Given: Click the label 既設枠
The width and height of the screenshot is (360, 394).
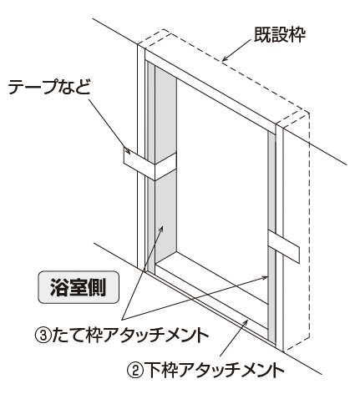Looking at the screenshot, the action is coord(279,35).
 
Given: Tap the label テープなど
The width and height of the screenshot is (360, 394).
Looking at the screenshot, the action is coord(49,87).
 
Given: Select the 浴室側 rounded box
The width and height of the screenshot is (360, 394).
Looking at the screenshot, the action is coord(79,287).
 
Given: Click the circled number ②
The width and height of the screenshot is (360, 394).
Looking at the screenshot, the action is coord(135,370).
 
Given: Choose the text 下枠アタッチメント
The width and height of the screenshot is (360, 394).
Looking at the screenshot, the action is coord(215,370).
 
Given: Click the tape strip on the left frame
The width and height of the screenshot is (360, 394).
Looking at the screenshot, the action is coord(150,165).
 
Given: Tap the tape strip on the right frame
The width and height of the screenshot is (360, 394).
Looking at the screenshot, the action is coord(284,246).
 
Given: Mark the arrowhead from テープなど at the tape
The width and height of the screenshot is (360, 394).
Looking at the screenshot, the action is coord(127,150).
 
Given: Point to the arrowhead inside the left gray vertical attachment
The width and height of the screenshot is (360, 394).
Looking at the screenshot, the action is coord(160,229).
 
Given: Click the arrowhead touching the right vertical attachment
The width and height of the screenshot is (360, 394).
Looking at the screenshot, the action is coord(265,277).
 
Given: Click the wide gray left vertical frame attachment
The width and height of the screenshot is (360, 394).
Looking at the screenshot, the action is coord(166,164).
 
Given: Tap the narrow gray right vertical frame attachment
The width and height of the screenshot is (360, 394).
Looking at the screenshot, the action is coord(271,236).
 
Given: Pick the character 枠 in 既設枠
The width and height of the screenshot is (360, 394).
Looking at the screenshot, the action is coord(297,35).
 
